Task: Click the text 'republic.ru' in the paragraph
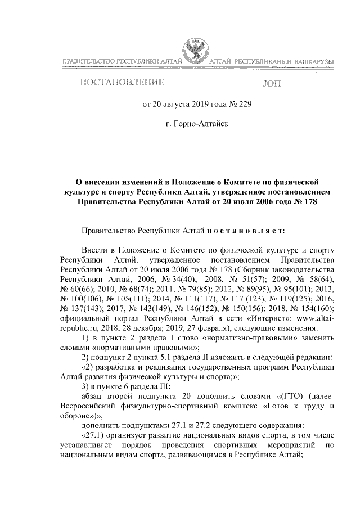(x=79, y=328)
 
